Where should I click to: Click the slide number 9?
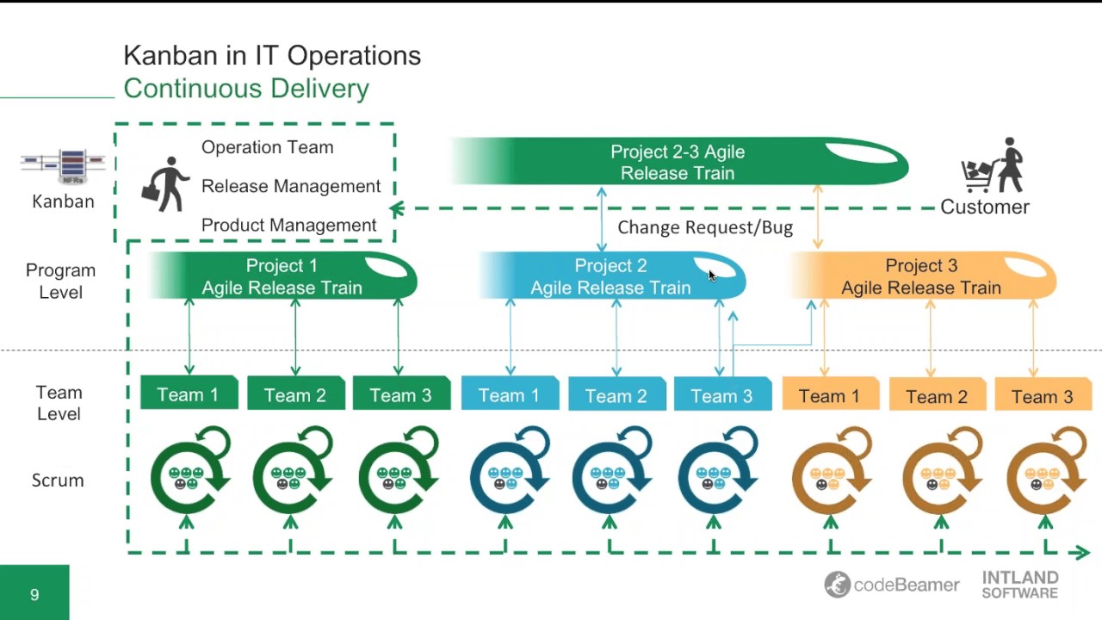[x=34, y=594]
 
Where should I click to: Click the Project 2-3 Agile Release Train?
[x=678, y=162]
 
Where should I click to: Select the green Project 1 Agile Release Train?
[x=282, y=276]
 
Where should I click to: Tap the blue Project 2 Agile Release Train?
[x=611, y=276]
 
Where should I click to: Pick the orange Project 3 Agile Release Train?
[x=922, y=276]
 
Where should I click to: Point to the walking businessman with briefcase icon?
[x=165, y=184]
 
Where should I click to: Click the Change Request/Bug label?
[x=705, y=227]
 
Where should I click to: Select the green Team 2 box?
[x=295, y=394]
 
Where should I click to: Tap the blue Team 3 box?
[x=721, y=395]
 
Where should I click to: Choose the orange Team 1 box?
[x=829, y=395]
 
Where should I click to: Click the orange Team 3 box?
[x=1042, y=396]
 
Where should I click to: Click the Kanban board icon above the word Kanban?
[x=63, y=166]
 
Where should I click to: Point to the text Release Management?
[x=291, y=186]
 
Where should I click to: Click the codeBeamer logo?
[x=891, y=585]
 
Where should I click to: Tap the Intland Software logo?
[x=1020, y=585]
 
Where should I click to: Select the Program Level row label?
[x=60, y=281]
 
